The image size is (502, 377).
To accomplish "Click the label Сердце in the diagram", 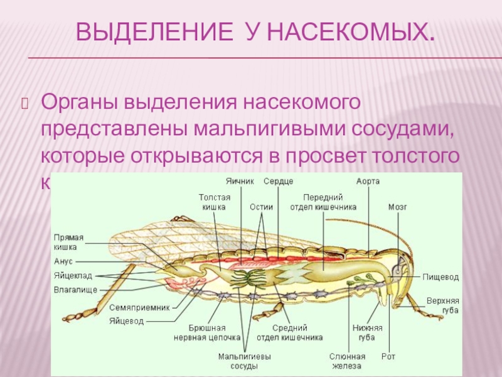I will (x=278, y=181).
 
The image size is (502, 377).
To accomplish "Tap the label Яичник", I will (x=240, y=181).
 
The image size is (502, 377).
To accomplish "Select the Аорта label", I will (x=368, y=181).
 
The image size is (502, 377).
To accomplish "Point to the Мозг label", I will (x=397, y=206).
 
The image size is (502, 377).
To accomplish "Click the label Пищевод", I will (x=441, y=276).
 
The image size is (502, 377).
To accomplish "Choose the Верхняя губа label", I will (x=443, y=305).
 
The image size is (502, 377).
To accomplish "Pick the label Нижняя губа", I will (x=367, y=332).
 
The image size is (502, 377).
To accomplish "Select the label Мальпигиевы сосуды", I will (x=244, y=361).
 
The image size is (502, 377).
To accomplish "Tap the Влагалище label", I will (x=75, y=290).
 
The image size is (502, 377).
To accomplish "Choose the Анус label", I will (x=63, y=260).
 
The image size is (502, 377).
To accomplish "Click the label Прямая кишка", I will (x=68, y=243).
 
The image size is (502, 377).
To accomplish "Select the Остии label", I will (x=260, y=206).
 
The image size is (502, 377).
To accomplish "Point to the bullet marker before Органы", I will (x=26, y=102).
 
